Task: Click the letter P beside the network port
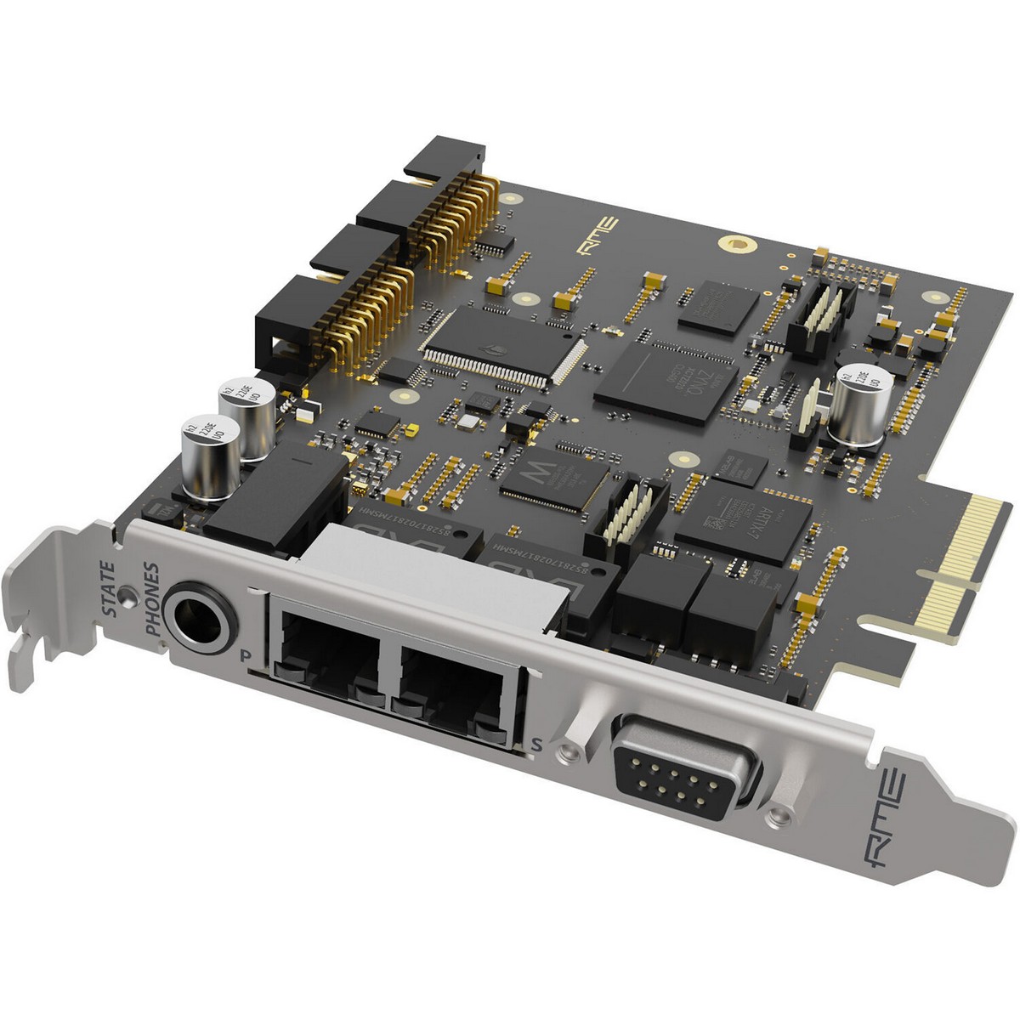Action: click(x=246, y=654)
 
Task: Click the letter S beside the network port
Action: click(x=535, y=745)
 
